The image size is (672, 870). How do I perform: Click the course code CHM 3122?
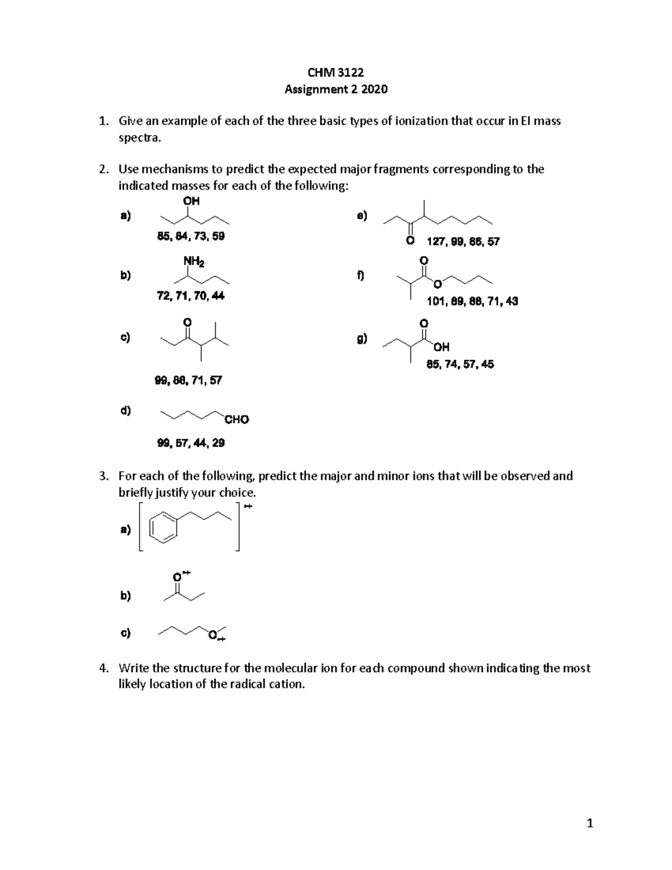click(x=335, y=72)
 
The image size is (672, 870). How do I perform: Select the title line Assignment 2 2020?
click(x=335, y=89)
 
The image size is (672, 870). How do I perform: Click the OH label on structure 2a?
click(x=191, y=201)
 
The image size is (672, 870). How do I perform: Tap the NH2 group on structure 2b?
click(x=193, y=261)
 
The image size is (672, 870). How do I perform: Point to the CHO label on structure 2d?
click(x=236, y=420)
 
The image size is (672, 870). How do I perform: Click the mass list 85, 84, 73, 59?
click(x=191, y=236)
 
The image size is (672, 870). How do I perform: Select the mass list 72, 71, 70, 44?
click(x=191, y=296)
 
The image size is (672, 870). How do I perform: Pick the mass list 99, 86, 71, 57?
click(x=188, y=380)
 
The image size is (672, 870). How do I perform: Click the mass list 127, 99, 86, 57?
click(x=463, y=242)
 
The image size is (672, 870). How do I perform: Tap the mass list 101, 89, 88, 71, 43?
click(x=472, y=301)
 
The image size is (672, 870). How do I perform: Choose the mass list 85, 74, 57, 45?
click(x=460, y=364)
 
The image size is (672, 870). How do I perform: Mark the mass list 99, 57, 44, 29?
click(x=191, y=443)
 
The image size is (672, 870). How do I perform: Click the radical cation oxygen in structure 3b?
click(x=178, y=576)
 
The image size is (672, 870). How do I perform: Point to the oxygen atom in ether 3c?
click(x=212, y=635)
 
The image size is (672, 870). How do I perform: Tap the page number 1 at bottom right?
click(x=589, y=824)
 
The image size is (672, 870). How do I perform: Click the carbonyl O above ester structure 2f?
click(x=423, y=261)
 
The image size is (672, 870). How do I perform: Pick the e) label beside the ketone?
click(x=362, y=216)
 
